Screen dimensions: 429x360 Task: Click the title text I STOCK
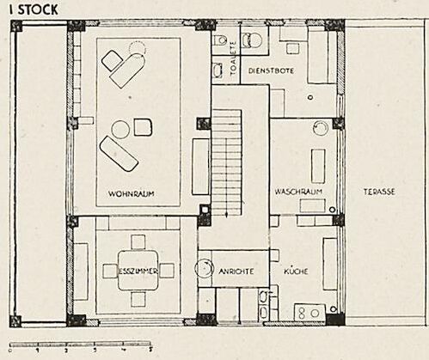pos(34,9)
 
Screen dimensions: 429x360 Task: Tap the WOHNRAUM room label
pos(132,193)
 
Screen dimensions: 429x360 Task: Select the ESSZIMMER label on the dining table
pos(138,271)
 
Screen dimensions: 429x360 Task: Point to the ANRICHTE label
pos(236,271)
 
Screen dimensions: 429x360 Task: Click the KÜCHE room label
pos(296,271)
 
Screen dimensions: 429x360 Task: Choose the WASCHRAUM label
pos(298,192)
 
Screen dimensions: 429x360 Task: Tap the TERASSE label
pos(379,192)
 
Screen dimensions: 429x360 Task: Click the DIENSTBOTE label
pos(271,70)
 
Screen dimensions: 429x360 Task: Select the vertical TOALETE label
pos(234,58)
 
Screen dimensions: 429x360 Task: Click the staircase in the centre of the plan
pos(226,162)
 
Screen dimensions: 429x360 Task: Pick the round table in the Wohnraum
pos(120,130)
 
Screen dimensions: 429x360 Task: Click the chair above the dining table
pos(138,242)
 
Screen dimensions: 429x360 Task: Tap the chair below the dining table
pos(138,299)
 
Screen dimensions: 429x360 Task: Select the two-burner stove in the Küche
pos(310,313)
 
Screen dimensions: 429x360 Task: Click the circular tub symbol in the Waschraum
pos(321,128)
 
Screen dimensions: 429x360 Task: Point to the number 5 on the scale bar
pos(150,350)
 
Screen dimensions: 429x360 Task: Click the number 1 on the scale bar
pos(38,350)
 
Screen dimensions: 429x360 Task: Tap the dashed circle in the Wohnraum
pos(138,48)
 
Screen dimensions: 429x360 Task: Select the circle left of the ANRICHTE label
pos(204,268)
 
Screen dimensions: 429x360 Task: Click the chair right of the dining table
pos(167,271)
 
